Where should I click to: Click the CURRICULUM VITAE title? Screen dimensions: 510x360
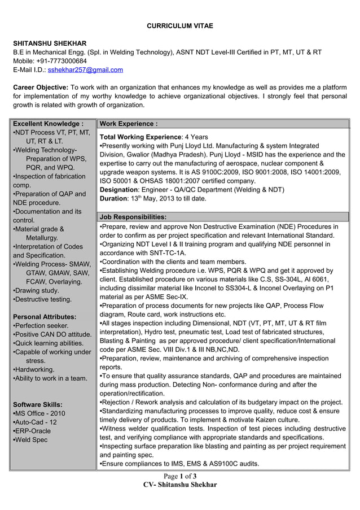[180, 27]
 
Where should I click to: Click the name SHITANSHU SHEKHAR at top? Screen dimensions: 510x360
[50, 43]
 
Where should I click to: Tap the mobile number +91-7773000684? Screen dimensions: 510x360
[62, 61]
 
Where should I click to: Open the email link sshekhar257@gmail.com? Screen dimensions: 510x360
[85, 70]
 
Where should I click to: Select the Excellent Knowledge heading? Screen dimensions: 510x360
[49, 124]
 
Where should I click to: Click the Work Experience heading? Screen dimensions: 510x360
[128, 124]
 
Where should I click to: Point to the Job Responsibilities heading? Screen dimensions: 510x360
[133, 217]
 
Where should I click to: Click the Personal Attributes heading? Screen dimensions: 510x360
[44, 317]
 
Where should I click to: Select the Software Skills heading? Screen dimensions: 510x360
[37, 405]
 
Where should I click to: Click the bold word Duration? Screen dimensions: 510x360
[113, 199]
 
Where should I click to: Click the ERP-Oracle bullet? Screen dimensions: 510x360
[35, 431]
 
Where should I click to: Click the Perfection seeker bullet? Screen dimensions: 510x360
[41, 326]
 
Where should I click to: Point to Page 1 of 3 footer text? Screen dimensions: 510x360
[180, 476]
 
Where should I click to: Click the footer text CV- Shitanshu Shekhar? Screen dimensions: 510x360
[180, 485]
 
